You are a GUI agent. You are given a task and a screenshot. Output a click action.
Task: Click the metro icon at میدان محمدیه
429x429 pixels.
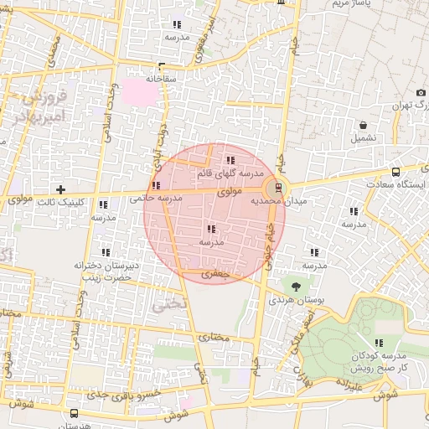278,188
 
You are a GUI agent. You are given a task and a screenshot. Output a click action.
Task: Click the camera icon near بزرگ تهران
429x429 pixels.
420,93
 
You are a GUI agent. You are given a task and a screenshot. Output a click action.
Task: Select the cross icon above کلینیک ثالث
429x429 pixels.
60,189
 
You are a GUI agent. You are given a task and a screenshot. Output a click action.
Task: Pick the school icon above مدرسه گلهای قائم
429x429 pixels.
230,160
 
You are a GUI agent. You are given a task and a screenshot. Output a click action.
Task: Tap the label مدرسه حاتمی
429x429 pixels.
156,199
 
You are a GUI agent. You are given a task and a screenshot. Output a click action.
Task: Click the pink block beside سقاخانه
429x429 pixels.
141,92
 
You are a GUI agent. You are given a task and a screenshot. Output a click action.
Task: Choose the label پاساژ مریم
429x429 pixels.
352,4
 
